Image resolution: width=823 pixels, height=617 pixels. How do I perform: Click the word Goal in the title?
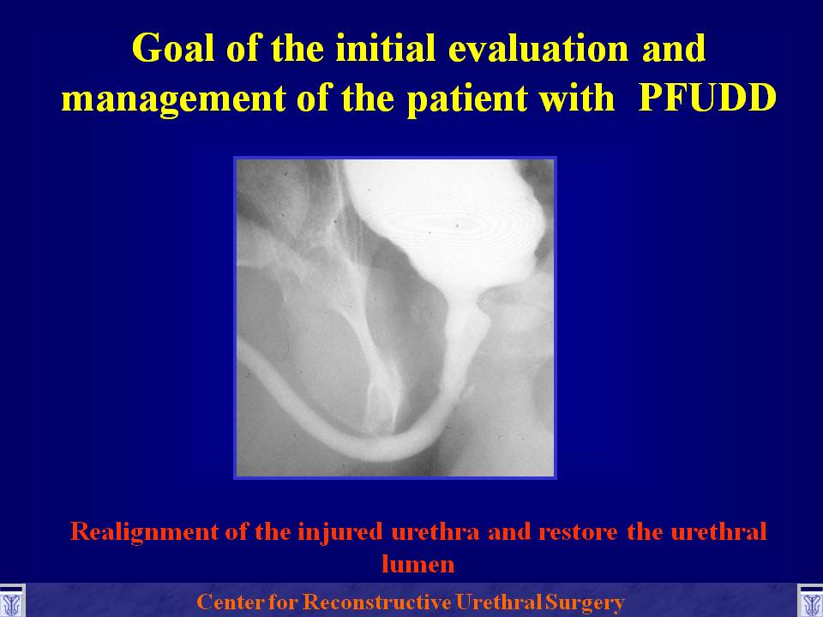click(x=173, y=48)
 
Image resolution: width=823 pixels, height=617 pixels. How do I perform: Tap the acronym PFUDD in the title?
click(x=707, y=98)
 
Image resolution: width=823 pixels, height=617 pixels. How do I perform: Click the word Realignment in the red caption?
click(x=144, y=533)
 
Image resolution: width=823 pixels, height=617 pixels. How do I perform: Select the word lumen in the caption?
click(x=418, y=565)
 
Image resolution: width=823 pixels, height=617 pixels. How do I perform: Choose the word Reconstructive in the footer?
click(x=377, y=602)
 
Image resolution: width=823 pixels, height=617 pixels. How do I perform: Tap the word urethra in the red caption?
click(x=436, y=532)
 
